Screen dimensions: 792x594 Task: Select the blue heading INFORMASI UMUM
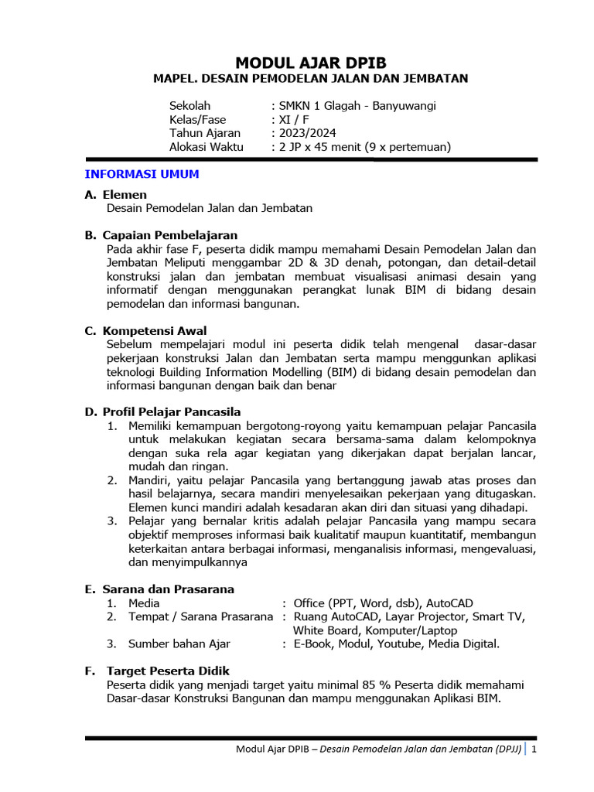[142, 174]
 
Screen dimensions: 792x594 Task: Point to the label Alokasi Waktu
[206, 147]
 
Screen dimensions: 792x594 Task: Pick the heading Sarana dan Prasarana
[168, 589]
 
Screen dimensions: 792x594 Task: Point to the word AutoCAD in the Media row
[450, 603]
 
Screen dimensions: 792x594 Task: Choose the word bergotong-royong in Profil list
[273, 426]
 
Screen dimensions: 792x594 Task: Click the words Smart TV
[504, 616]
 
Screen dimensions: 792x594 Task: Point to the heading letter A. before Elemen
[90, 195]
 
